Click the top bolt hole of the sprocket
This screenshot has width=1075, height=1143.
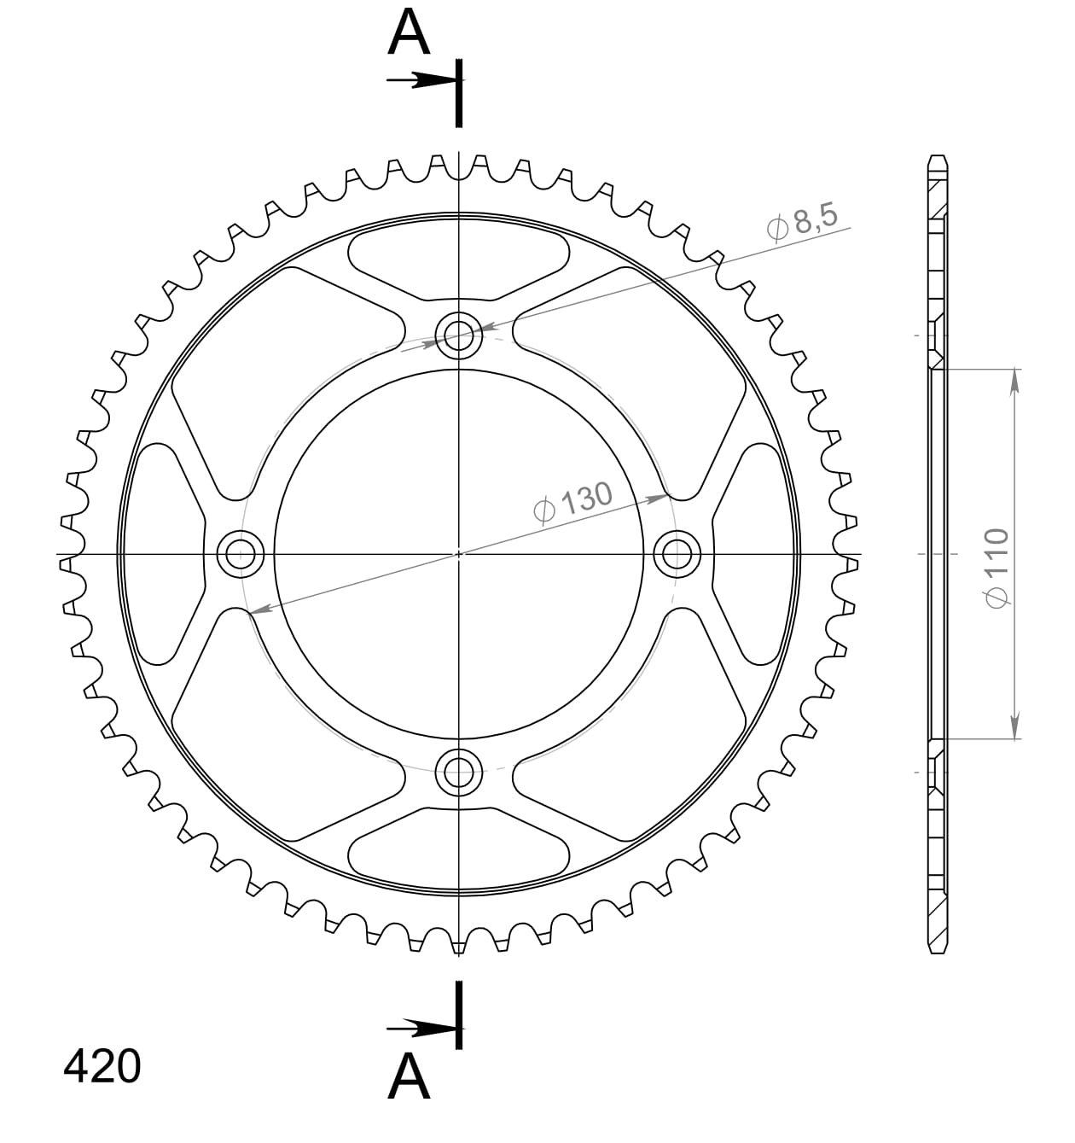[459, 335]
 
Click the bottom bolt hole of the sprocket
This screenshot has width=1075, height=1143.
[459, 773]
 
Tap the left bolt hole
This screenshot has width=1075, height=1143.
[241, 553]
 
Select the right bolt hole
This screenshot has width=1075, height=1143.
[677, 553]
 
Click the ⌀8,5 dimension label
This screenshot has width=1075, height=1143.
[803, 223]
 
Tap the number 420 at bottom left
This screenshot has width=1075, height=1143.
[102, 1066]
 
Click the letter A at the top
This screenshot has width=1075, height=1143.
[409, 34]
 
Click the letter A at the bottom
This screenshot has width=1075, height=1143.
[409, 1076]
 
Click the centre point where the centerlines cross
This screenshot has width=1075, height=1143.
[459, 553]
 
